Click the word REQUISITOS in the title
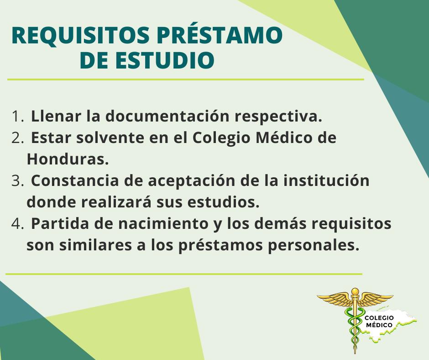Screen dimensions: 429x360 coord(80,36)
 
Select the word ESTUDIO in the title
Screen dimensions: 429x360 coord(165,60)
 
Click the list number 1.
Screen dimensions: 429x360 coord(17,116)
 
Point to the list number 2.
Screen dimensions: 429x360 coord(17,138)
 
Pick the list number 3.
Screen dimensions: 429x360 coord(17,181)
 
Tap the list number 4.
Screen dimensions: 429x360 coord(17,224)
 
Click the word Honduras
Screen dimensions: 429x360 coord(68,159)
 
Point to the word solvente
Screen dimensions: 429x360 coord(110,138)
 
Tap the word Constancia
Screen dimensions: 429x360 coord(75,181)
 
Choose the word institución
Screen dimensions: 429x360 coord(326,180)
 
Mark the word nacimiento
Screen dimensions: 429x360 coord(163,223)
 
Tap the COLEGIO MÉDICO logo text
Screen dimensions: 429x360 coord(379,321)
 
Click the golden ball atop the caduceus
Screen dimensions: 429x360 coord(355,291)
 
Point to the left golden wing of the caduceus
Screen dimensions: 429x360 coord(335,299)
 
